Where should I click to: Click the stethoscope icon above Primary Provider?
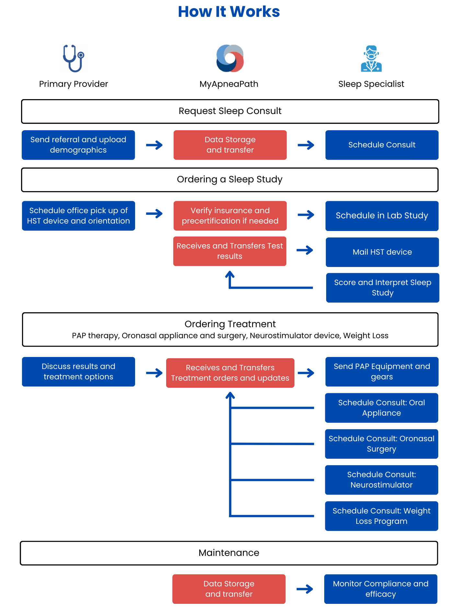click(73, 58)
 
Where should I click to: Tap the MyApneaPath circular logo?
click(230, 58)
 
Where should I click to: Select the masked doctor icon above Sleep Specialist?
click(371, 58)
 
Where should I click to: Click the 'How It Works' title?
click(229, 12)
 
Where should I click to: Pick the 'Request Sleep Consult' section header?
click(230, 111)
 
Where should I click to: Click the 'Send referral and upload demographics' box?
click(78, 145)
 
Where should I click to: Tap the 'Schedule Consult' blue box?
click(382, 145)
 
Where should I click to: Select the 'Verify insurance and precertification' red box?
click(230, 216)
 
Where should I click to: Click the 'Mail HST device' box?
click(382, 252)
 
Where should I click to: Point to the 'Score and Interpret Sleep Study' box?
click(383, 288)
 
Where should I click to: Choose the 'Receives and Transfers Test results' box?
click(230, 251)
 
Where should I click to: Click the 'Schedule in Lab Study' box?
click(382, 216)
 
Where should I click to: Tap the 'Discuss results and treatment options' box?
click(78, 372)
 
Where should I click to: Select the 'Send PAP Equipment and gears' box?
click(382, 372)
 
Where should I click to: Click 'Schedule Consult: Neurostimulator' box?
click(382, 480)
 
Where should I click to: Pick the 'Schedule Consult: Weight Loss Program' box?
click(382, 516)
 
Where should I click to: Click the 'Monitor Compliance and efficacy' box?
click(381, 589)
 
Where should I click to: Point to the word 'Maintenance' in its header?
click(229, 553)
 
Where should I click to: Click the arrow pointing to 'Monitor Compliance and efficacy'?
click(305, 589)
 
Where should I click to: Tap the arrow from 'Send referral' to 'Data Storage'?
click(154, 145)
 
